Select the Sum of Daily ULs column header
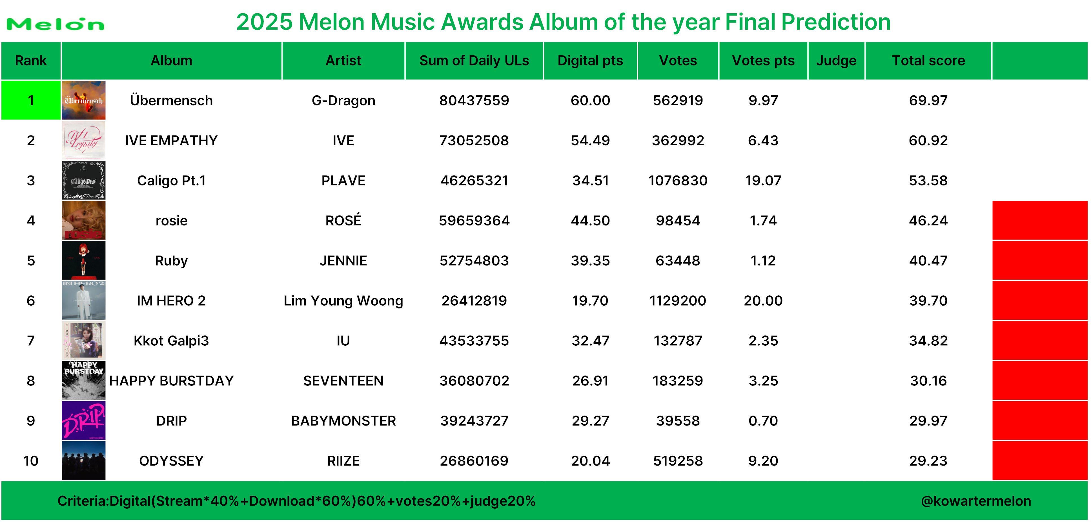[x=474, y=61]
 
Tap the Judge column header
[x=836, y=61]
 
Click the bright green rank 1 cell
[x=31, y=100]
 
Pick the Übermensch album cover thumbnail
[x=83, y=100]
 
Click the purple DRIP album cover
[x=83, y=420]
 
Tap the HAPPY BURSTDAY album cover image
[x=83, y=380]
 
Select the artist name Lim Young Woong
[x=343, y=301]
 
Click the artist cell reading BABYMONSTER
[x=343, y=421]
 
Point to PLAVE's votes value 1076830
[x=678, y=181]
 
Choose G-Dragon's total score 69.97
[x=928, y=100]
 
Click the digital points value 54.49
[x=590, y=140]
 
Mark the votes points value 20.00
[x=763, y=301]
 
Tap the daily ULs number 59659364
[x=474, y=220]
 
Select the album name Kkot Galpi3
[x=171, y=341]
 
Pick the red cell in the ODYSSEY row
[x=1040, y=460]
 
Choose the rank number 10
[x=31, y=460]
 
